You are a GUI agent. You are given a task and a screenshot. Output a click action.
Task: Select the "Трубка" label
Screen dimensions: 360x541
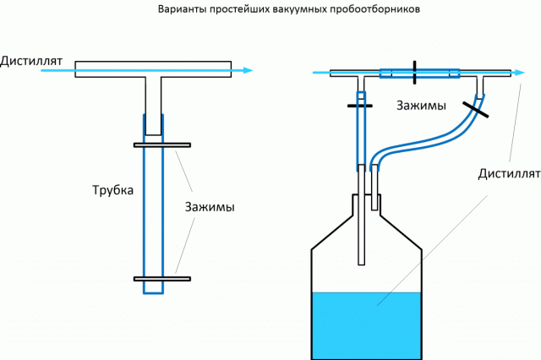pyautogui.click(x=112, y=190)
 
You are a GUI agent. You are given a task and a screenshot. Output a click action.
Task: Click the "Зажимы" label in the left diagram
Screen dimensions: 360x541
pyautogui.click(x=210, y=207)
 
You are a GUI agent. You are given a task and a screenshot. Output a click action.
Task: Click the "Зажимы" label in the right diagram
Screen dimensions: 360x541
pyautogui.click(x=420, y=105)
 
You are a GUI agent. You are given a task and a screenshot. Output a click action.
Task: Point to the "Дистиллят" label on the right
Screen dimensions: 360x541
pyautogui.click(x=508, y=175)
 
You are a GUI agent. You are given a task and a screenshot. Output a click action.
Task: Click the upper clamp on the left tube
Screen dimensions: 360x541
pyautogui.click(x=161, y=145)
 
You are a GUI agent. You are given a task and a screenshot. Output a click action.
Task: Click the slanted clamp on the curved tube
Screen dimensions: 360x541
pyautogui.click(x=475, y=107)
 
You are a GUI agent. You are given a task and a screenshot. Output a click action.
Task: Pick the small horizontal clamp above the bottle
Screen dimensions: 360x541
pyautogui.click(x=359, y=106)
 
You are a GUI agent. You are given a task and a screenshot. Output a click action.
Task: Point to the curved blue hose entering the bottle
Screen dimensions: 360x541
pyautogui.click(x=423, y=145)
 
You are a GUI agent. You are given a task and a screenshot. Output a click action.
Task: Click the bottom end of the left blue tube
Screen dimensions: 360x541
pyautogui.click(x=153, y=292)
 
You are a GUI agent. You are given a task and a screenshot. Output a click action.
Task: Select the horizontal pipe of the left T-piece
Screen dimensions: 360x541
pyautogui.click(x=153, y=69)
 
